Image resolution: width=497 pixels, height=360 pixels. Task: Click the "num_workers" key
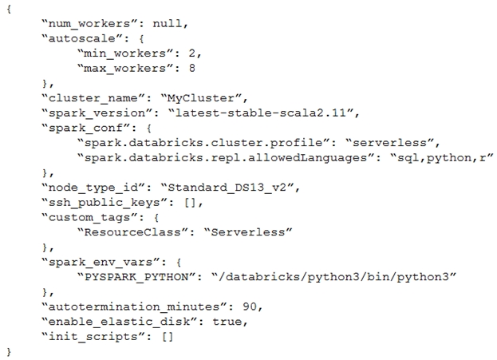pos(86,23)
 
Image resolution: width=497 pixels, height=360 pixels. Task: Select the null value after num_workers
pos(167,23)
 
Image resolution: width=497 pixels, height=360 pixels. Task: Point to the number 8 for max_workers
pos(191,68)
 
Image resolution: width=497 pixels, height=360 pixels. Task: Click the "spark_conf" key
pos(86,128)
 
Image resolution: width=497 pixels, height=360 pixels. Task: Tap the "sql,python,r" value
pos(441,157)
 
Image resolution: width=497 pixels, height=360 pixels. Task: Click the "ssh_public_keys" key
pos(105,203)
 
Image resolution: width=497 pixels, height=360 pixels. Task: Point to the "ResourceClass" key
pos(133,232)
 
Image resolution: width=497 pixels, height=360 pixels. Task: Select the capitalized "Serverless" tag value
pos(248,232)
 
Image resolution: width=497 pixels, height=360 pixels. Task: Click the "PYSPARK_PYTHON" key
pos(137,277)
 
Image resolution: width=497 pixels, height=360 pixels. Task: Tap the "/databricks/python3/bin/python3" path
pos(333,277)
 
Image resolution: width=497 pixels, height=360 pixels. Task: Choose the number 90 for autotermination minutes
pos(250,307)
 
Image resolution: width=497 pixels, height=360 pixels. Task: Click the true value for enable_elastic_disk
pos(227,322)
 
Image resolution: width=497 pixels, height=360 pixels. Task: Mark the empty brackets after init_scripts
pos(168,337)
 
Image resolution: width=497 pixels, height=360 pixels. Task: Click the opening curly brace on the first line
pos(9,9)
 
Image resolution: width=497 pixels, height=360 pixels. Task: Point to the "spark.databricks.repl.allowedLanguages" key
pos(226,157)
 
